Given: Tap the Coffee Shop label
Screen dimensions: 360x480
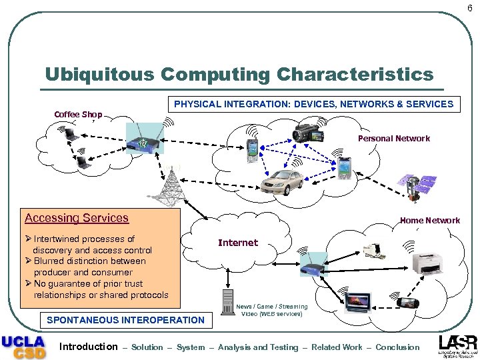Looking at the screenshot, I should coord(78,115).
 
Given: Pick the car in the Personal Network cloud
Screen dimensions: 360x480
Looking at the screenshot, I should coord(283,181).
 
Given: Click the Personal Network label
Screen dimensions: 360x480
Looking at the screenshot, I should coord(393,139).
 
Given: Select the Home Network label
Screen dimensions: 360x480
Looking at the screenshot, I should coord(429,221).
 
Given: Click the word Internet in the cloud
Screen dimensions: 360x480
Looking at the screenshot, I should coord(237,243).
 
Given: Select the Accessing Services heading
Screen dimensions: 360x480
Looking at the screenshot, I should coord(77,218).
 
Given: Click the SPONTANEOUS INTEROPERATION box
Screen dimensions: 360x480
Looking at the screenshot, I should coord(125,320).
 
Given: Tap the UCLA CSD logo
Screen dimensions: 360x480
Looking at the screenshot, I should coord(24,346).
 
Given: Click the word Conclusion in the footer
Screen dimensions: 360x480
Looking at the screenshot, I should coord(397,347).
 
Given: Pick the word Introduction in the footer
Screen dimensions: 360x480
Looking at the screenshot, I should coord(88,347).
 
